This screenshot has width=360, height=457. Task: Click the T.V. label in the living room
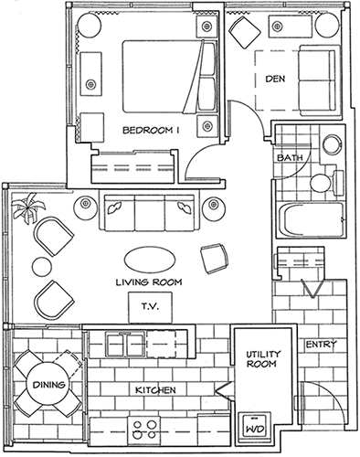coord(150,306)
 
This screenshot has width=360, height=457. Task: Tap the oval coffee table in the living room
coord(150,259)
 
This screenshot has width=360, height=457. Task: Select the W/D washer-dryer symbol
coord(255,429)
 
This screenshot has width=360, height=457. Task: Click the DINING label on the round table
coord(49,385)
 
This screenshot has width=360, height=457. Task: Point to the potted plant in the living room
coord(27,207)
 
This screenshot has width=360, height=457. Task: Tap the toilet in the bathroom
coord(326,183)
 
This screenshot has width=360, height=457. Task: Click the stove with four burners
coord(145,431)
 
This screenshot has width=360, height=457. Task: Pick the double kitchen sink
coord(125,345)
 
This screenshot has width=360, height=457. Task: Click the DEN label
coord(275,79)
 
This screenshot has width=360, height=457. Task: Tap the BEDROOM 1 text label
coord(151,131)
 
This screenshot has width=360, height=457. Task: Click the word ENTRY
coord(322,345)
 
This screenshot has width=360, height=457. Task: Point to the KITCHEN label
coord(155,390)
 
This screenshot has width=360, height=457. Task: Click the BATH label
coord(290,157)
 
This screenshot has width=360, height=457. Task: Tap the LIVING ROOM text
coord(149,282)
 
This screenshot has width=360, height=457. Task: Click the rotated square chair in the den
coord(245,32)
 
